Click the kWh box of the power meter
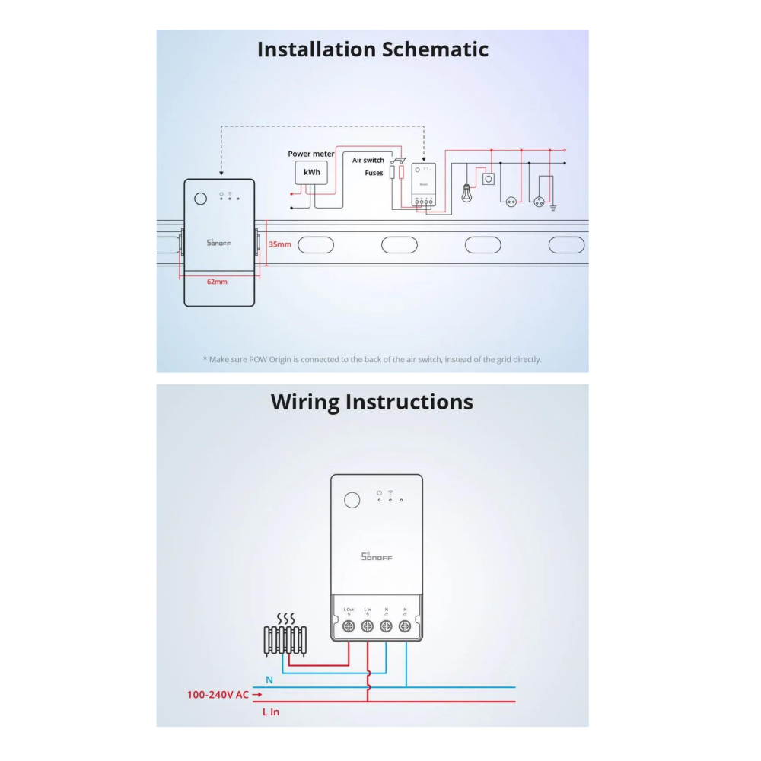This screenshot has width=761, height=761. (311, 173)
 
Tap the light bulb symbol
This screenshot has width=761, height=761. (466, 193)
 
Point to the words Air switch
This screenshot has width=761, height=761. (368, 161)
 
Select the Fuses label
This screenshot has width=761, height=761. (374, 173)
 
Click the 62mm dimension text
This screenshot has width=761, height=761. (217, 282)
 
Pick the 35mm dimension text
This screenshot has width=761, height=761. (280, 244)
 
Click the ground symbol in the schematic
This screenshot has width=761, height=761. (553, 206)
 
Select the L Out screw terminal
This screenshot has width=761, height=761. (349, 626)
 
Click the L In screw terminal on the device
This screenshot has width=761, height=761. (368, 626)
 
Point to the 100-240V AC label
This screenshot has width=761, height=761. (218, 694)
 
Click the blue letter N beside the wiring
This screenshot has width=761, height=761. (269, 679)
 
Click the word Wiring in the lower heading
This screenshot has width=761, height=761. (304, 402)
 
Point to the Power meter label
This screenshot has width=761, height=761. (310, 154)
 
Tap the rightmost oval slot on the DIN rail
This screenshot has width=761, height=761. (567, 245)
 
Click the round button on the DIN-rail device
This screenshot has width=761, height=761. (200, 199)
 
